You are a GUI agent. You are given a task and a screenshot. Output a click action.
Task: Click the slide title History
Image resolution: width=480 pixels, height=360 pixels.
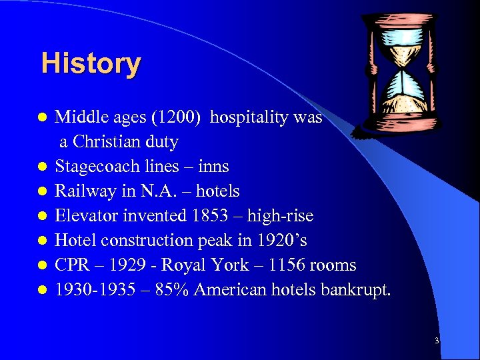pyautogui.click(x=91, y=64)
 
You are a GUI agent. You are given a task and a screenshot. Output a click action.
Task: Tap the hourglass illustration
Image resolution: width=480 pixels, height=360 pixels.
pyautogui.click(x=405, y=74)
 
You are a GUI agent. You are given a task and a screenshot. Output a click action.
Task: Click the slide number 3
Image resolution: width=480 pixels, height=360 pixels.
pyautogui.click(x=437, y=341)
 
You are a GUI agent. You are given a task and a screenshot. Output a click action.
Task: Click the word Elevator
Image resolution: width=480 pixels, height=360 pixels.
pyautogui.click(x=85, y=216)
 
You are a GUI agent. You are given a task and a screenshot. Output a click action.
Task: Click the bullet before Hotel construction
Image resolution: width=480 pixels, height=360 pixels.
pyautogui.click(x=42, y=241)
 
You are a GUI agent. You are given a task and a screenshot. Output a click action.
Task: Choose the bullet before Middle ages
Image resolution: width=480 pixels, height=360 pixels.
pyautogui.click(x=42, y=118)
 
